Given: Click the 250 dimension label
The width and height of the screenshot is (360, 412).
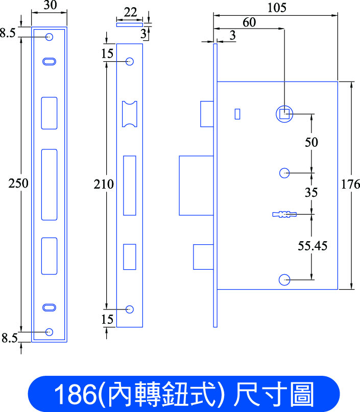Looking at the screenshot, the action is (18, 183).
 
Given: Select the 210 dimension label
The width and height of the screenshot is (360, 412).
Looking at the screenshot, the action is (104, 184).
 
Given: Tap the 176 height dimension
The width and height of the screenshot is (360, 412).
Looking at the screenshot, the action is (350, 184).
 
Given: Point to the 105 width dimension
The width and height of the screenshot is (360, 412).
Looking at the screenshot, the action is (277, 8).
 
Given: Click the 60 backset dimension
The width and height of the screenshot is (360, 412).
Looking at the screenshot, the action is (249, 22).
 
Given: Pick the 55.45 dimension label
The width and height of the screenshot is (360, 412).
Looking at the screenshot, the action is (313, 246).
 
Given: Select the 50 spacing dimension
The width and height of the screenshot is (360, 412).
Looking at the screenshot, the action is (311, 142).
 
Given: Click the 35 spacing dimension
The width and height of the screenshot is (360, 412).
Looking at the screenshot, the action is (311, 192).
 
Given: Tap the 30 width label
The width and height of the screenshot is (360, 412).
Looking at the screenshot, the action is (50, 5).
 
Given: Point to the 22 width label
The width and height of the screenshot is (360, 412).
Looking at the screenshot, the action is (130, 12).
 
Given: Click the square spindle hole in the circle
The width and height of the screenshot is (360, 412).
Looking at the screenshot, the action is (284, 114).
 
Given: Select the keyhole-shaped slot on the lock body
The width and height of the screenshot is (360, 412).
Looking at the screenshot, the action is (284, 214).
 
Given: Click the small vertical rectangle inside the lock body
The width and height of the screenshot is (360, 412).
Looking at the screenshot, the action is (237, 114).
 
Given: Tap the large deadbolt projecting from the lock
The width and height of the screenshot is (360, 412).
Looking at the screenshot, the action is (196, 186).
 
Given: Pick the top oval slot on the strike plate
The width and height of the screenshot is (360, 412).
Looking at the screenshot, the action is (49, 62).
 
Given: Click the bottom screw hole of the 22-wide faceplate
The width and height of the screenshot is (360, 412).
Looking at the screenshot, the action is (130, 310).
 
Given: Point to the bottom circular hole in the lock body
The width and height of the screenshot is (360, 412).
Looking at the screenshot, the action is (284, 280).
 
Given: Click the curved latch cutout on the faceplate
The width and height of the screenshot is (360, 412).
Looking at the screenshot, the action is (130, 114).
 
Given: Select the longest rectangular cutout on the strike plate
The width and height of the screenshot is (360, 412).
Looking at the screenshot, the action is (49, 185).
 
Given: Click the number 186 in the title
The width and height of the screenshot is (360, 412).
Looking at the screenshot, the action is (75, 394).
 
